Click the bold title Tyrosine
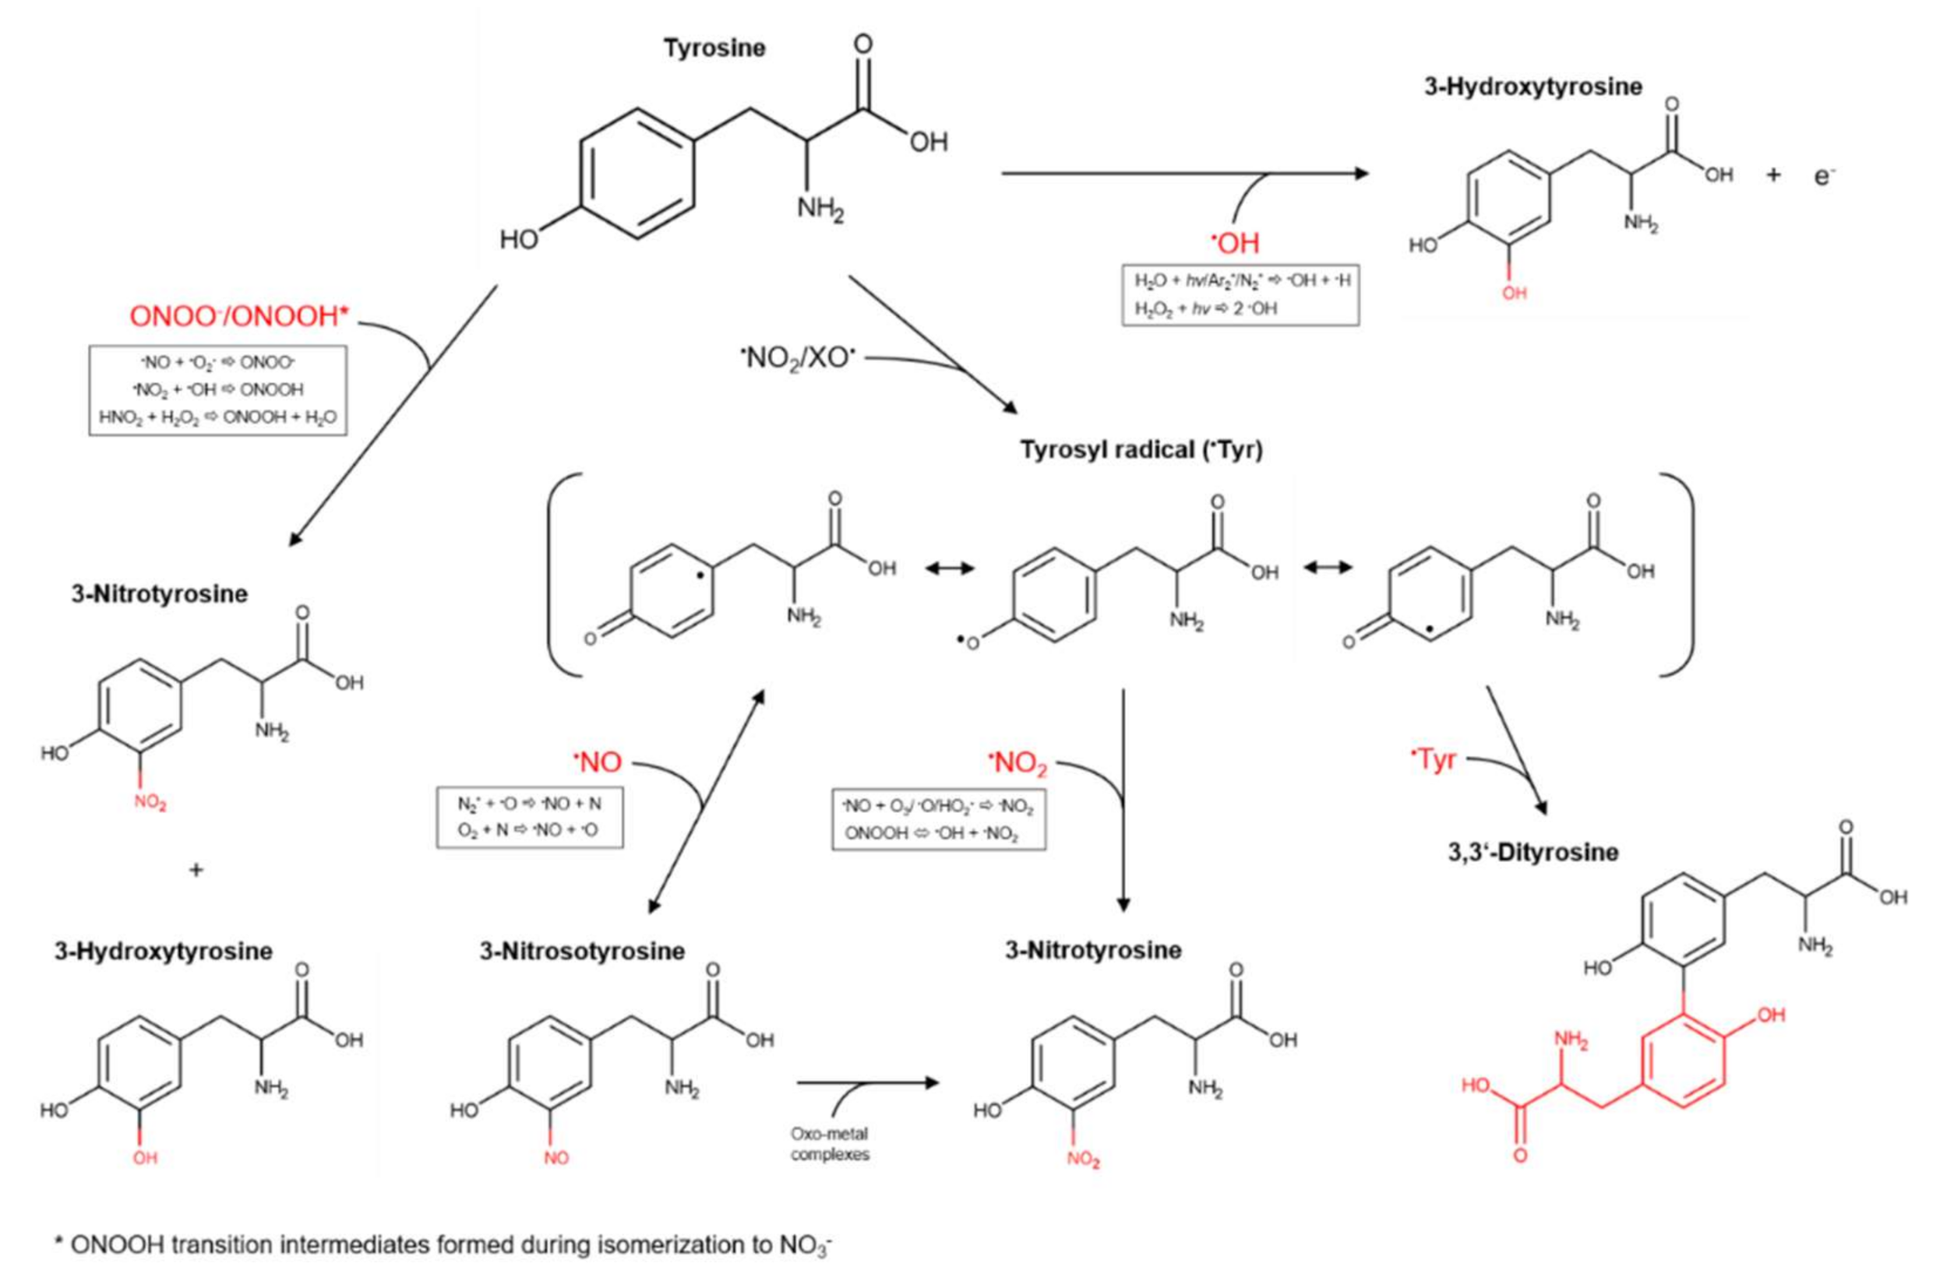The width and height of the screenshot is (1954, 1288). point(714,48)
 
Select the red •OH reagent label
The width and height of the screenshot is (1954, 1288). point(1235,242)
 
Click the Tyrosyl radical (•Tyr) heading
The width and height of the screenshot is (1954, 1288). point(1141,450)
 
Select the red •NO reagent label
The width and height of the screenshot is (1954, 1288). point(598,762)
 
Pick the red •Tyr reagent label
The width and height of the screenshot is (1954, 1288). point(1433,760)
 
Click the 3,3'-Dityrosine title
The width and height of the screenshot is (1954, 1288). point(1533,852)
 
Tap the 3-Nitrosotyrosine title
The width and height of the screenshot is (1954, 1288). point(582,952)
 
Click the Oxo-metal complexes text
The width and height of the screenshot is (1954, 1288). point(829,1143)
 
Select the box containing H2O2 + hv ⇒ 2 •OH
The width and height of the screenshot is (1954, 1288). point(1240,294)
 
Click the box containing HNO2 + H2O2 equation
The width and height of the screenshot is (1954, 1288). point(217,389)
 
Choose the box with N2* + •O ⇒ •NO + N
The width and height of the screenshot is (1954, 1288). point(529,817)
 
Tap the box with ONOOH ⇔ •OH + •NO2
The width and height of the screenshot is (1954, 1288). point(937,819)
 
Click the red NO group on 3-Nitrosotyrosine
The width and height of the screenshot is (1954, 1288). point(556,1157)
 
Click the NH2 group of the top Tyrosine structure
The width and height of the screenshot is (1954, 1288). point(820,210)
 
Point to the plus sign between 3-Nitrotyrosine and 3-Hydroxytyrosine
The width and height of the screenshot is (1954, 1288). point(196,870)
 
